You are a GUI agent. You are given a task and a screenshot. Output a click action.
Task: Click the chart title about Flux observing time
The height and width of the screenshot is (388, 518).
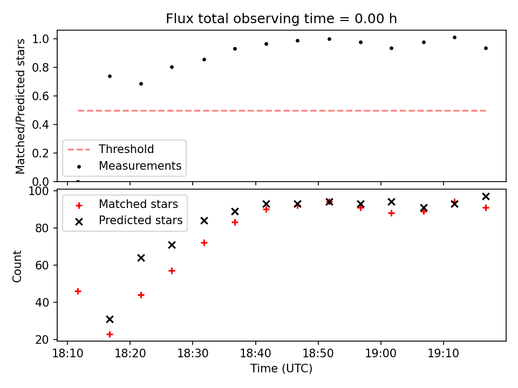pyautogui.click(x=281, y=19)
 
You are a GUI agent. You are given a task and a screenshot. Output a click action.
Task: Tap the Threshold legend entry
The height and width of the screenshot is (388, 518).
pyautogui.click(x=126, y=149)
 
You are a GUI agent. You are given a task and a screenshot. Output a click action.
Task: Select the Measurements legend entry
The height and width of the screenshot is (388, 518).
pyautogui.click(x=140, y=166)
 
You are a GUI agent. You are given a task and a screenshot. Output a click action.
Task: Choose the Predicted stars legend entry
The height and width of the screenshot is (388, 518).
pyautogui.click(x=140, y=220)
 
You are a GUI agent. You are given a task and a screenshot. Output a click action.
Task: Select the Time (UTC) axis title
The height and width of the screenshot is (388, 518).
pyautogui.click(x=281, y=369)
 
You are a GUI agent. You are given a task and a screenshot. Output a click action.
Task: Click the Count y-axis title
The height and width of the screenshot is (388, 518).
pyautogui.click(x=18, y=266)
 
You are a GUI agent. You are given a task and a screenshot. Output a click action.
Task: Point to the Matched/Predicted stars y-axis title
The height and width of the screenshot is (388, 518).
pyautogui.click(x=21, y=106)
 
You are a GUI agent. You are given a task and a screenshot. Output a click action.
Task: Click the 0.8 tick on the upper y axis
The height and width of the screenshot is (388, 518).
pyautogui.click(x=43, y=68)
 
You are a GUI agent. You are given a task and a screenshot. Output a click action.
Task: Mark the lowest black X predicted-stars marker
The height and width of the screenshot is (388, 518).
pyautogui.click(x=110, y=319)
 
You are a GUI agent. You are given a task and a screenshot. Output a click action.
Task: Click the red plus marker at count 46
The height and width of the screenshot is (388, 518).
pyautogui.click(x=78, y=291)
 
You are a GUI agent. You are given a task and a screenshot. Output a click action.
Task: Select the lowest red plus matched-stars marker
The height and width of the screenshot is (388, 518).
pyautogui.click(x=110, y=334)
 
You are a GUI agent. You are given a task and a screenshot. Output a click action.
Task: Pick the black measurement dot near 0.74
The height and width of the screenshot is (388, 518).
pyautogui.click(x=110, y=76)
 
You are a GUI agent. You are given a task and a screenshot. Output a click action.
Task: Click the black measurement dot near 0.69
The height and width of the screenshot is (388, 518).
pyautogui.click(x=141, y=84)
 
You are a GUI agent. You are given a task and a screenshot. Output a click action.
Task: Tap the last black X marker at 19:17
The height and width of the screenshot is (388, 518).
pyautogui.click(x=486, y=196)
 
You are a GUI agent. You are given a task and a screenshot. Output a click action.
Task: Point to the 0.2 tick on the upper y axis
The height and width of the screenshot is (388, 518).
pyautogui.click(x=43, y=154)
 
